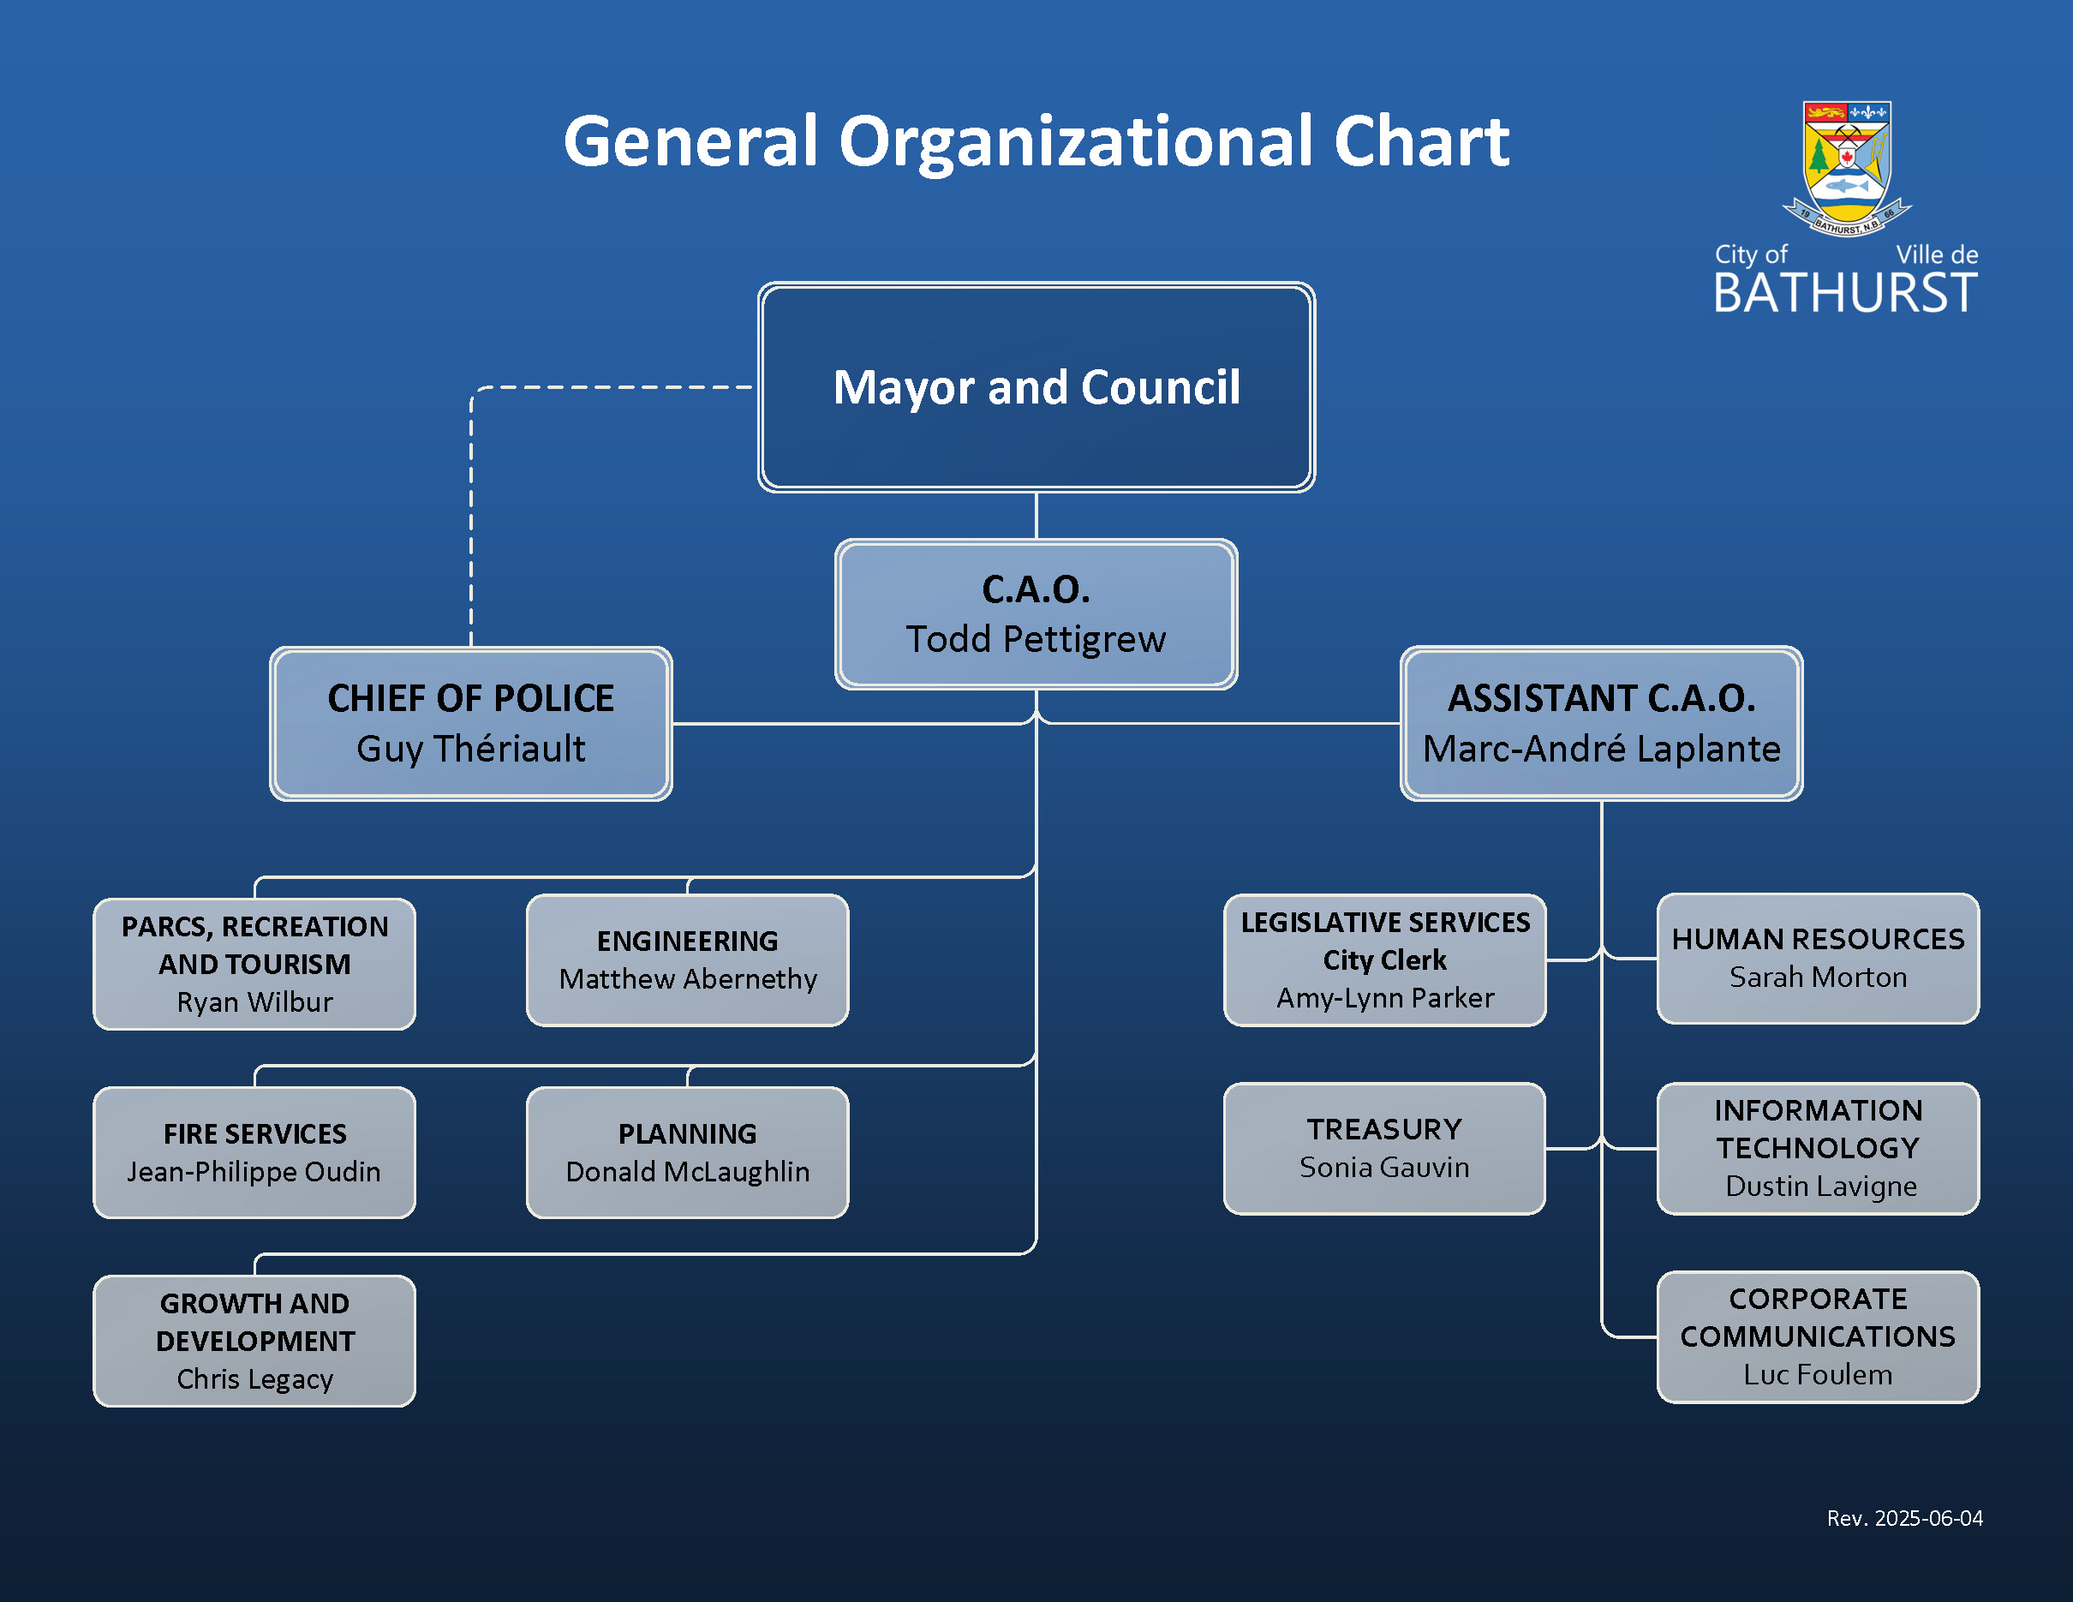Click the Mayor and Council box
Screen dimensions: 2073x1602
point(1036,387)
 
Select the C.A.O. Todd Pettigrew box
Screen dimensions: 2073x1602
point(1036,614)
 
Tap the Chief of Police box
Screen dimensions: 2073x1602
point(471,723)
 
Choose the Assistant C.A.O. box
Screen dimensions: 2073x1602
point(1601,723)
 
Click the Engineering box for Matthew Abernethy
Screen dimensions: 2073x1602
point(687,959)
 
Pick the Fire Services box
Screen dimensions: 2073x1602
point(254,1152)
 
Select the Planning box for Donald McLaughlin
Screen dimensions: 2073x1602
point(687,1152)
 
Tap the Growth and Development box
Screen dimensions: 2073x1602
point(254,1340)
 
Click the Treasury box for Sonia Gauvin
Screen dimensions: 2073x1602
point(1385,1148)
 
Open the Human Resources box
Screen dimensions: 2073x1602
point(1818,959)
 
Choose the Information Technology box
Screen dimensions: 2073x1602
point(1818,1148)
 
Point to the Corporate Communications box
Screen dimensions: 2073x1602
point(1818,1336)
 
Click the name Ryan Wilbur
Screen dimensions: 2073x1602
point(254,1002)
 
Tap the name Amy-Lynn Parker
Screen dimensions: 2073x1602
point(1385,998)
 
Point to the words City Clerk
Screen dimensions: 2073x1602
point(1385,960)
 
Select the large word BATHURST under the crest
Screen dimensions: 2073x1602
point(1845,292)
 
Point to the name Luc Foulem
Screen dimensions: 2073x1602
point(1818,1374)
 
